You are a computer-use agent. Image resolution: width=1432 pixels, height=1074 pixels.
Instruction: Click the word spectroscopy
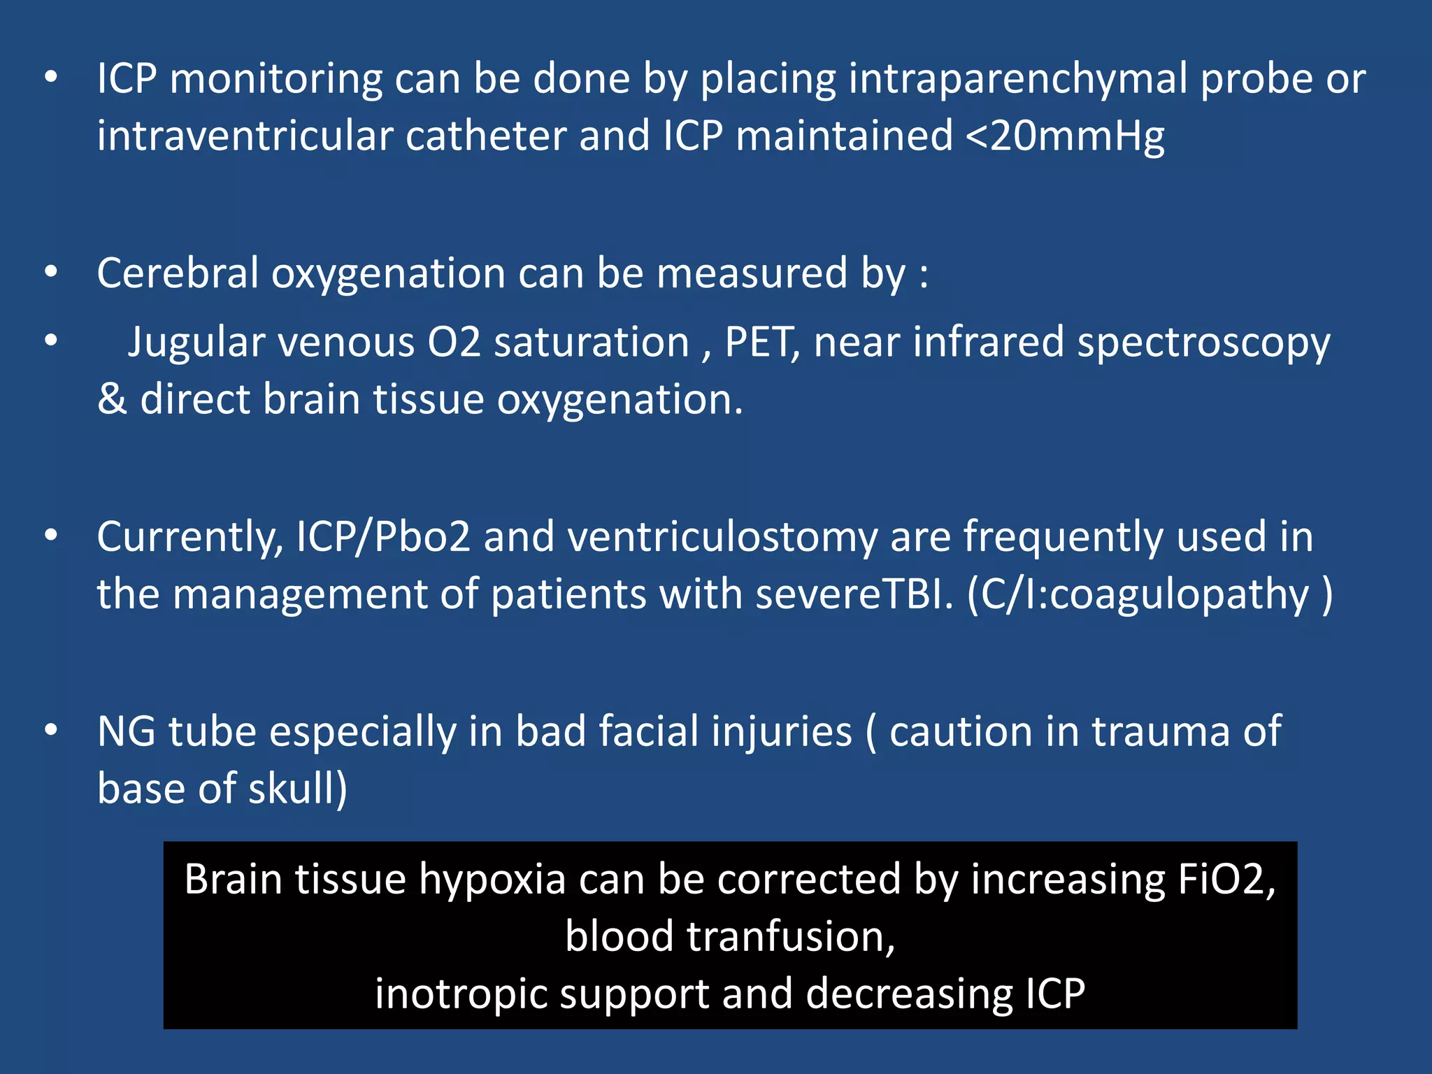point(1203,344)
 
